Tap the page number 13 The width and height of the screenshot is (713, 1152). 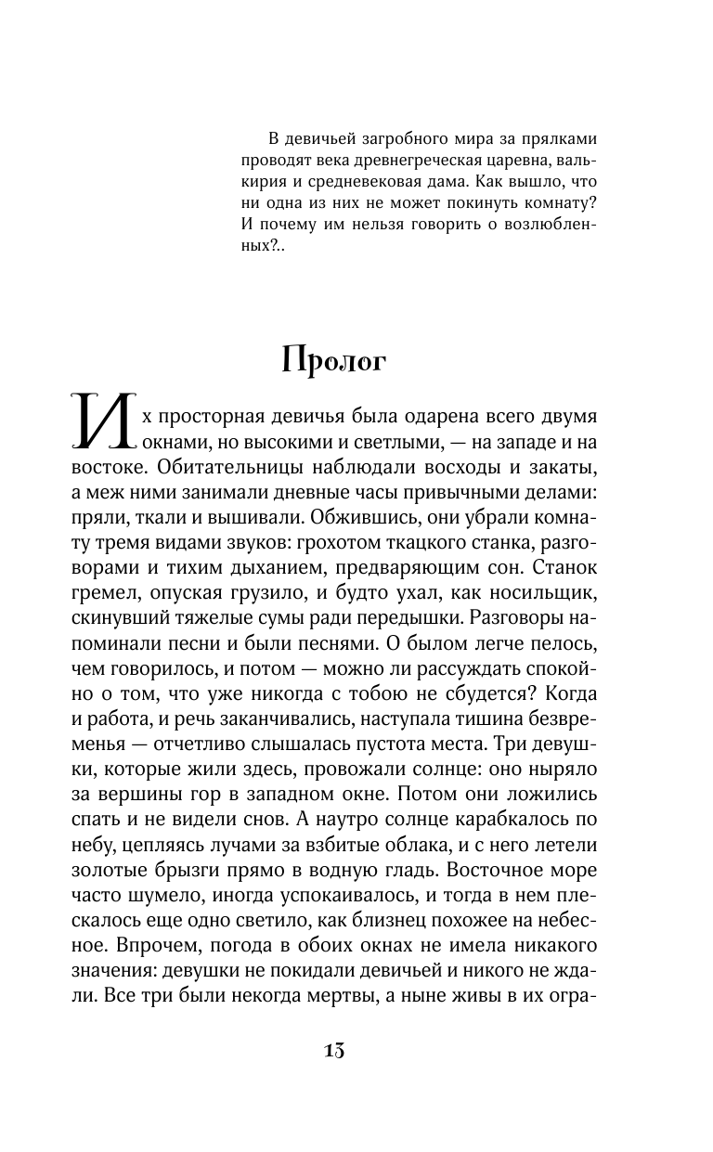(334, 1050)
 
